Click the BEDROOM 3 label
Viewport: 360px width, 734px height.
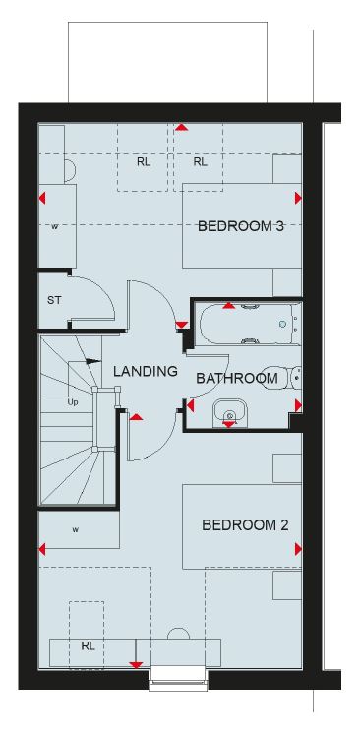[241, 226]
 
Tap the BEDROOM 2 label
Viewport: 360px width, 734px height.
[244, 525]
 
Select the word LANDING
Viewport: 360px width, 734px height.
[146, 372]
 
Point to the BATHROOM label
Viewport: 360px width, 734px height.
[236, 378]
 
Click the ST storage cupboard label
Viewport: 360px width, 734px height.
[54, 300]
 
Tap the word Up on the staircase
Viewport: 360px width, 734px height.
[73, 402]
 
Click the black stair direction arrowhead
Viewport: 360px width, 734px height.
[93, 361]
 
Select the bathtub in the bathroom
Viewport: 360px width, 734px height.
[251, 325]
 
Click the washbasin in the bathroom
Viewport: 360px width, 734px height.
[229, 413]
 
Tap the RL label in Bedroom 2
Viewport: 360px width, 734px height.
[88, 646]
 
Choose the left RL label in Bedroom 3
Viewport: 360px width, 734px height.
[144, 162]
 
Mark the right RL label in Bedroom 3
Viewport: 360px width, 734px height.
[200, 162]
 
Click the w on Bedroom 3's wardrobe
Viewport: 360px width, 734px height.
[55, 227]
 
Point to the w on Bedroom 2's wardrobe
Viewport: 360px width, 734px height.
[75, 530]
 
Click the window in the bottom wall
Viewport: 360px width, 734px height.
[178, 680]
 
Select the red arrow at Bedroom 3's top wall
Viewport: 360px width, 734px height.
[182, 127]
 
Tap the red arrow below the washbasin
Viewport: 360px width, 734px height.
[229, 424]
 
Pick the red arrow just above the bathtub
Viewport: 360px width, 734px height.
[228, 305]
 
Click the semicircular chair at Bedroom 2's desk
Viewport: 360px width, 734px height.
[178, 633]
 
